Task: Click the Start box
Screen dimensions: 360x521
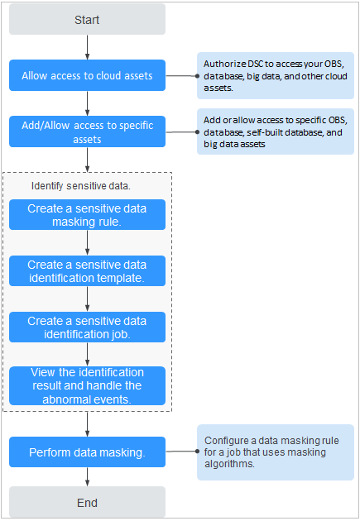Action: tap(87, 19)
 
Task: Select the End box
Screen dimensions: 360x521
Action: tap(87, 502)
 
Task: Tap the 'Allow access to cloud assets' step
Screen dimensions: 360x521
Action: tap(87, 75)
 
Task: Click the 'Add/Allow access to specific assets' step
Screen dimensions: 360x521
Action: tap(87, 131)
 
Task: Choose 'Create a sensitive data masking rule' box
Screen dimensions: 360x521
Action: tap(87, 215)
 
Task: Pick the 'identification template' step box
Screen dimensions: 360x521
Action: tap(87, 270)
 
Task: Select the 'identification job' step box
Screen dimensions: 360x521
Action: tap(87, 327)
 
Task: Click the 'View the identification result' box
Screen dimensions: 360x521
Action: tap(87, 385)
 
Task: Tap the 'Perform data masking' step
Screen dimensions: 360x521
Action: tap(87, 452)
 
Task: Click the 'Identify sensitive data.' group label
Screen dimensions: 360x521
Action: tap(81, 186)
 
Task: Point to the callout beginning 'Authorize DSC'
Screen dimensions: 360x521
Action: tap(276, 75)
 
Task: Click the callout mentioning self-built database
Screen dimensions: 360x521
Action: tap(276, 131)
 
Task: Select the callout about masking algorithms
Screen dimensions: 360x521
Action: tap(276, 452)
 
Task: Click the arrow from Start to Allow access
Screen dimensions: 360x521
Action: tap(87, 47)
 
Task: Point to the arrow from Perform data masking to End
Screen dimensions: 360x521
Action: tap(87, 477)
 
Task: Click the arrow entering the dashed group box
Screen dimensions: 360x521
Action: tap(87, 160)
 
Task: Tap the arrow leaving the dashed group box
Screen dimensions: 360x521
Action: tap(87, 424)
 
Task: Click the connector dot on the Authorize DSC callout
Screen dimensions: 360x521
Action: tap(197, 76)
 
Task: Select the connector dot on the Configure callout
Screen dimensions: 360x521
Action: tap(197, 452)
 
